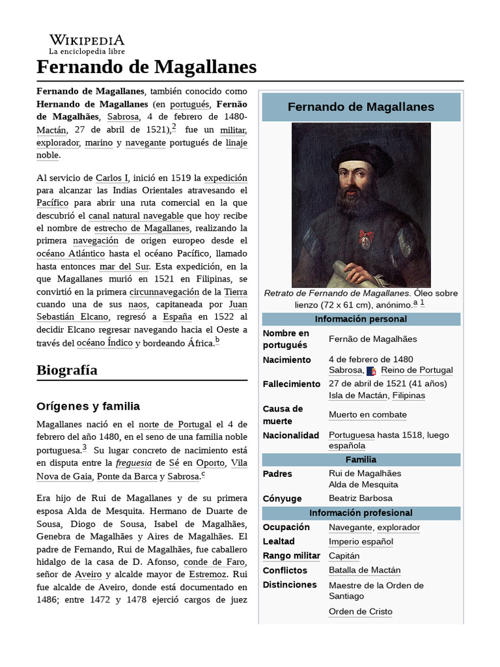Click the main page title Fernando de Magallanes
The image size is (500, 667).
(146, 66)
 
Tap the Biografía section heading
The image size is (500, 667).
(67, 370)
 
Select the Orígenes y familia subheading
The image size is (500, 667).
(88, 406)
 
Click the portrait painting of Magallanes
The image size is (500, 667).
(361, 205)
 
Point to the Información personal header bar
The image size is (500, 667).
(361, 319)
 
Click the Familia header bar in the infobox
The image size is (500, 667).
(361, 460)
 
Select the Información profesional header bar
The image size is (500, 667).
(361, 513)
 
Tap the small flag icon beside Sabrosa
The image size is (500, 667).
(371, 371)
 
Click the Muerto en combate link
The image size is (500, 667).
(367, 415)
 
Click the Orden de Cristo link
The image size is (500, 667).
(360, 612)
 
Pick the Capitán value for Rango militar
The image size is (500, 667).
(344, 556)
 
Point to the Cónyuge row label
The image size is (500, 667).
(282, 499)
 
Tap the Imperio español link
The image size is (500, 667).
(361, 542)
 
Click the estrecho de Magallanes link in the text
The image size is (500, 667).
(142, 229)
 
